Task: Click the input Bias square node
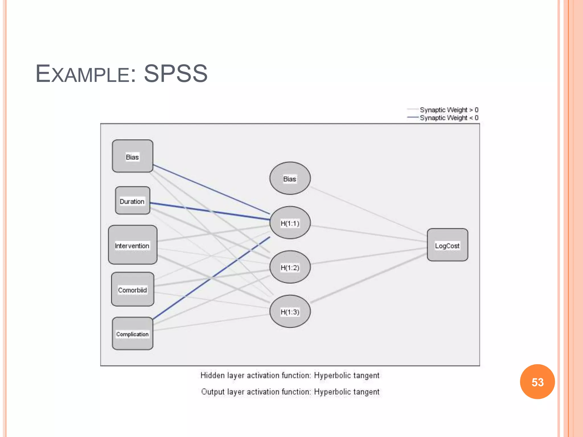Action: coord(132,156)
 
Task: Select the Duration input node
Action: coord(132,201)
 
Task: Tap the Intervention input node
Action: coord(132,245)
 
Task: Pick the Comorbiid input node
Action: coord(132,289)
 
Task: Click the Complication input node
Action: coord(132,333)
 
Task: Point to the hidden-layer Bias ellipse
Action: coord(290,178)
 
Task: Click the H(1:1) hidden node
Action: coord(290,223)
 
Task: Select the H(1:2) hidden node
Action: coord(290,267)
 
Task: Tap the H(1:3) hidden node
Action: coord(290,312)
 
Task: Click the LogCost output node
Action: coord(447,245)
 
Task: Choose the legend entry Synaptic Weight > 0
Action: coord(449,110)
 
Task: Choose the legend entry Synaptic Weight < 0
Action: coord(449,118)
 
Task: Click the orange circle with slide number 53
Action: coord(537,382)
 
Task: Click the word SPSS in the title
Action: coord(176,74)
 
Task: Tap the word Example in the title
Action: coord(83,74)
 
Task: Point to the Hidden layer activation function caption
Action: coord(290,376)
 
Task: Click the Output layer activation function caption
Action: coord(290,392)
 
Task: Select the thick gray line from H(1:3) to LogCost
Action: coord(369,278)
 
